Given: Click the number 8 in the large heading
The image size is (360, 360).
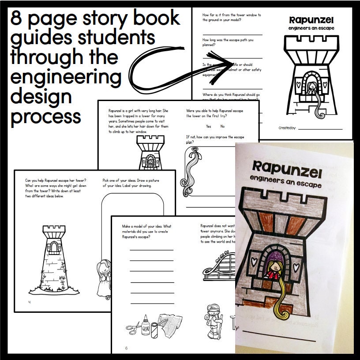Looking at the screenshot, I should tap(19, 19).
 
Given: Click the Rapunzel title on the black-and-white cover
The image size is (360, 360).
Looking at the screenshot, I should tap(311, 20).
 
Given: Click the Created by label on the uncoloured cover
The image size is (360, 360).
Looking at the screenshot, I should tap(287, 128).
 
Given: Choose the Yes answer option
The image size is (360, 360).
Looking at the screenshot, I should tap(209, 126).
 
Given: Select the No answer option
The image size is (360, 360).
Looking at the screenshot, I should tap(222, 126).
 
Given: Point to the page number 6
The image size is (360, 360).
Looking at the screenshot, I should tap(126, 348).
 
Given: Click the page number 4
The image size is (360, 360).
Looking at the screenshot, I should tap(29, 302).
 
